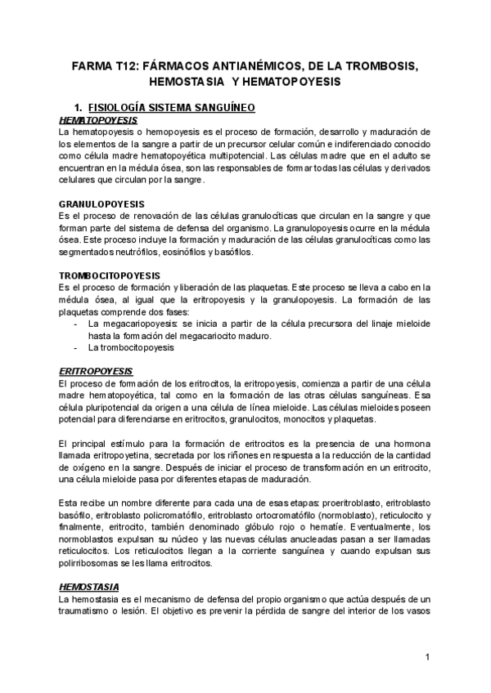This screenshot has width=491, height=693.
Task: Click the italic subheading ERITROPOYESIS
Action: [89, 369]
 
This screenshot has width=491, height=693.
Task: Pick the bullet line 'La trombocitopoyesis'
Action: [134, 347]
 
